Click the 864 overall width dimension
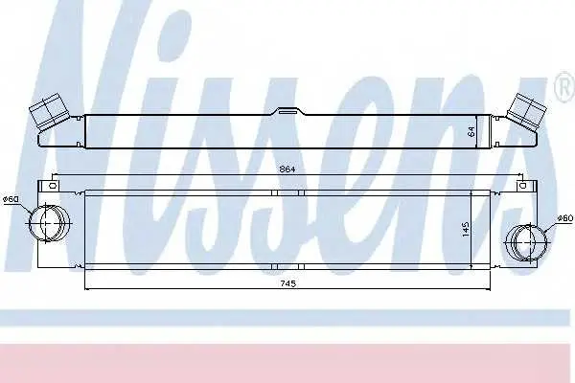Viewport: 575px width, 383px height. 287,169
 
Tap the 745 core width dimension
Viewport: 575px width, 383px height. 287,283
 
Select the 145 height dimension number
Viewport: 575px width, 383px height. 466,229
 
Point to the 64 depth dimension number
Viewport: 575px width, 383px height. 471,131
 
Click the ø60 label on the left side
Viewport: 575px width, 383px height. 11,200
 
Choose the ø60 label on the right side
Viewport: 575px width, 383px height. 564,218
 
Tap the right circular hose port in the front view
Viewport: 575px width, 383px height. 526,242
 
